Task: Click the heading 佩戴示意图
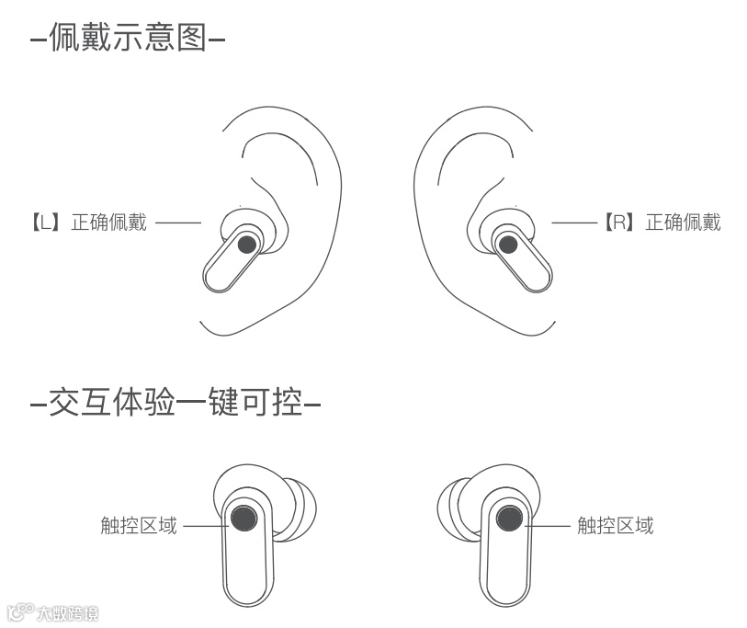click(x=128, y=40)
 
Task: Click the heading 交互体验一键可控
click(x=175, y=403)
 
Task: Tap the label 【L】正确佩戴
click(x=88, y=223)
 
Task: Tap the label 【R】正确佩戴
click(x=662, y=222)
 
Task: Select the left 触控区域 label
click(x=139, y=526)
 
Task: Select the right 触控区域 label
click(x=615, y=526)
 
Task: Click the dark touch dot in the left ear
click(x=246, y=245)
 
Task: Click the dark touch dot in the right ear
click(x=506, y=245)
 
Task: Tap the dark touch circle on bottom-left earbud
click(x=243, y=520)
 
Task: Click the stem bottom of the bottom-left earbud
click(x=246, y=593)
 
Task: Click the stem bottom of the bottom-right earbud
click(x=504, y=593)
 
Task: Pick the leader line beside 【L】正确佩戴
click(x=177, y=223)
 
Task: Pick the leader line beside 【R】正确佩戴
click(x=574, y=223)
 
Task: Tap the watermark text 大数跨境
click(x=64, y=613)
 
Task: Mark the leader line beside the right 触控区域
click(x=549, y=526)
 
